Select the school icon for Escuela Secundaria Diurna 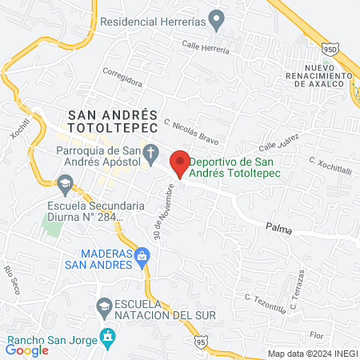coord(64,185)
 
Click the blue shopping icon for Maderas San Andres coord(142,257)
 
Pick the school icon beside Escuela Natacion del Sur coord(104,305)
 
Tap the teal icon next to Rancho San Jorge coord(105,335)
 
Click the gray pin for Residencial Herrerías coord(215,18)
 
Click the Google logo coord(27,349)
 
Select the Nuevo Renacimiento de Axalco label coord(318,76)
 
